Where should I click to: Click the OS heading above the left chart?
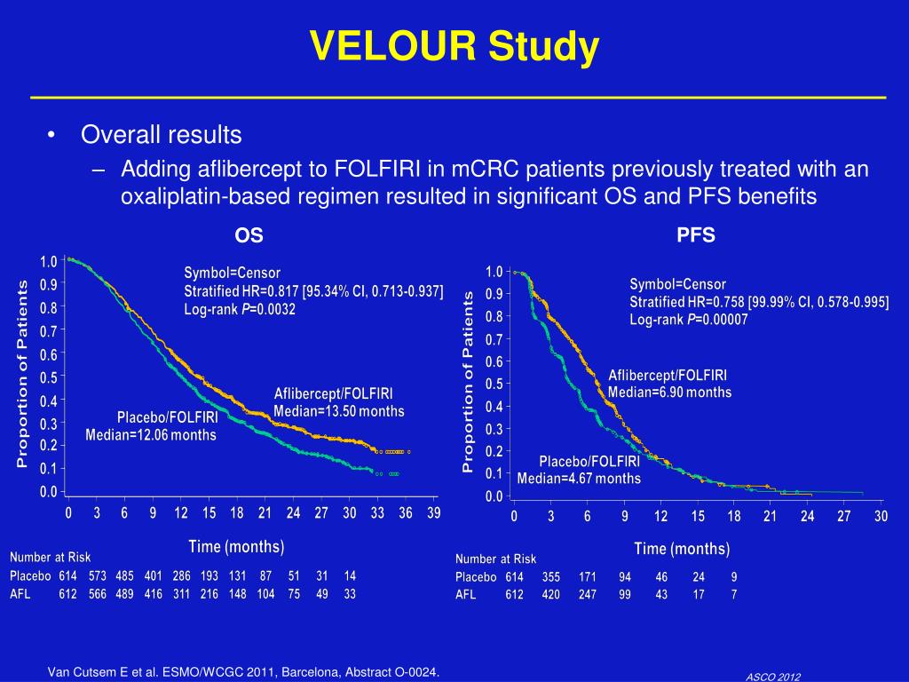pyautogui.click(x=249, y=235)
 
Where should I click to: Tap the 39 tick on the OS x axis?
pyautogui.click(x=433, y=513)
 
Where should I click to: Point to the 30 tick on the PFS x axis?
pyautogui.click(x=881, y=517)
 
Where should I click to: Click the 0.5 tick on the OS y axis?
pyautogui.click(x=49, y=377)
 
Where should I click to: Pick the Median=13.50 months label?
pyautogui.click(x=339, y=411)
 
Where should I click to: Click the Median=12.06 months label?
pyautogui.click(x=151, y=435)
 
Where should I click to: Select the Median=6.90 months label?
pyautogui.click(x=670, y=392)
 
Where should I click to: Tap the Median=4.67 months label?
pyautogui.click(x=579, y=479)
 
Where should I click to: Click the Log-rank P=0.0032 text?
pyautogui.click(x=240, y=310)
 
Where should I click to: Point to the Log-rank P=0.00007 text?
pyautogui.click(x=689, y=320)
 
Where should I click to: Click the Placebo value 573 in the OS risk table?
pyautogui.click(x=98, y=575)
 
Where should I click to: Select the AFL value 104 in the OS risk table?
pyautogui.click(x=265, y=594)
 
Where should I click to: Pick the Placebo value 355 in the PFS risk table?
pyautogui.click(x=550, y=576)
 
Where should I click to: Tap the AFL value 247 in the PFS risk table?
pyautogui.click(x=588, y=595)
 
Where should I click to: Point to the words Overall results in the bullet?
pyautogui.click(x=162, y=135)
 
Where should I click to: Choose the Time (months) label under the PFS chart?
pyautogui.click(x=682, y=549)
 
